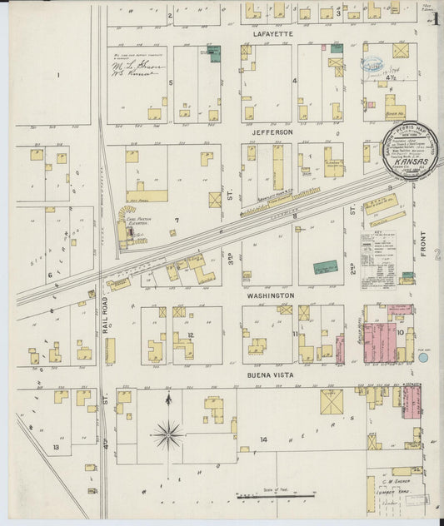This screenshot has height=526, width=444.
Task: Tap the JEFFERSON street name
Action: coord(273,132)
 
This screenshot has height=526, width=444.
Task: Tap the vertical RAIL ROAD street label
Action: coord(107,316)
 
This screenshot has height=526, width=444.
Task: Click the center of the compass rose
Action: coord(169,432)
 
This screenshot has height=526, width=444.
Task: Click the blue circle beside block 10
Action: coord(423,356)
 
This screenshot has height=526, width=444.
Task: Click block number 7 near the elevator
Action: coord(176,220)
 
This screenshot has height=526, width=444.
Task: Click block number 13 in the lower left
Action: coord(56,447)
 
